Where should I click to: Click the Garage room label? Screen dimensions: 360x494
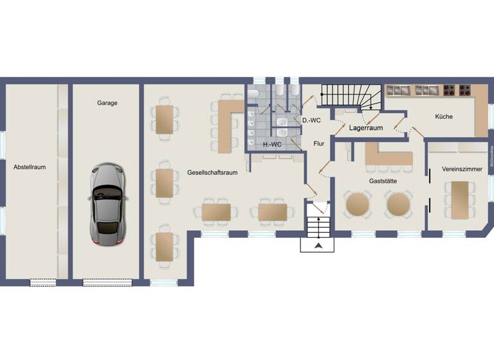point(107,103)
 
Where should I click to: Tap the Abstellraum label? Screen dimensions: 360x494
point(30,167)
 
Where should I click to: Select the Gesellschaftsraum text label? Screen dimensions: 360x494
point(212,173)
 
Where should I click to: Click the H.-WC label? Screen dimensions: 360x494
point(272,145)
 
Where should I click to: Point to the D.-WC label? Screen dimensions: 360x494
point(311,120)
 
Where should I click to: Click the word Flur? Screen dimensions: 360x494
point(319,144)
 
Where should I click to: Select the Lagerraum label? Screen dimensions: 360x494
point(366,128)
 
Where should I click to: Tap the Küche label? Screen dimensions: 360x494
point(444,117)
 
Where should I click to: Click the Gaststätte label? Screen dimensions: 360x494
point(382,182)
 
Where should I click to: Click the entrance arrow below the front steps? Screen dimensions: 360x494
point(317,247)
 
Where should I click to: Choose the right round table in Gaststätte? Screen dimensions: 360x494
point(398,205)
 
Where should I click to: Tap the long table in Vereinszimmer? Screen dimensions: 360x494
point(460,200)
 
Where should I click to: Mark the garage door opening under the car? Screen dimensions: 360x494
point(107,282)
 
